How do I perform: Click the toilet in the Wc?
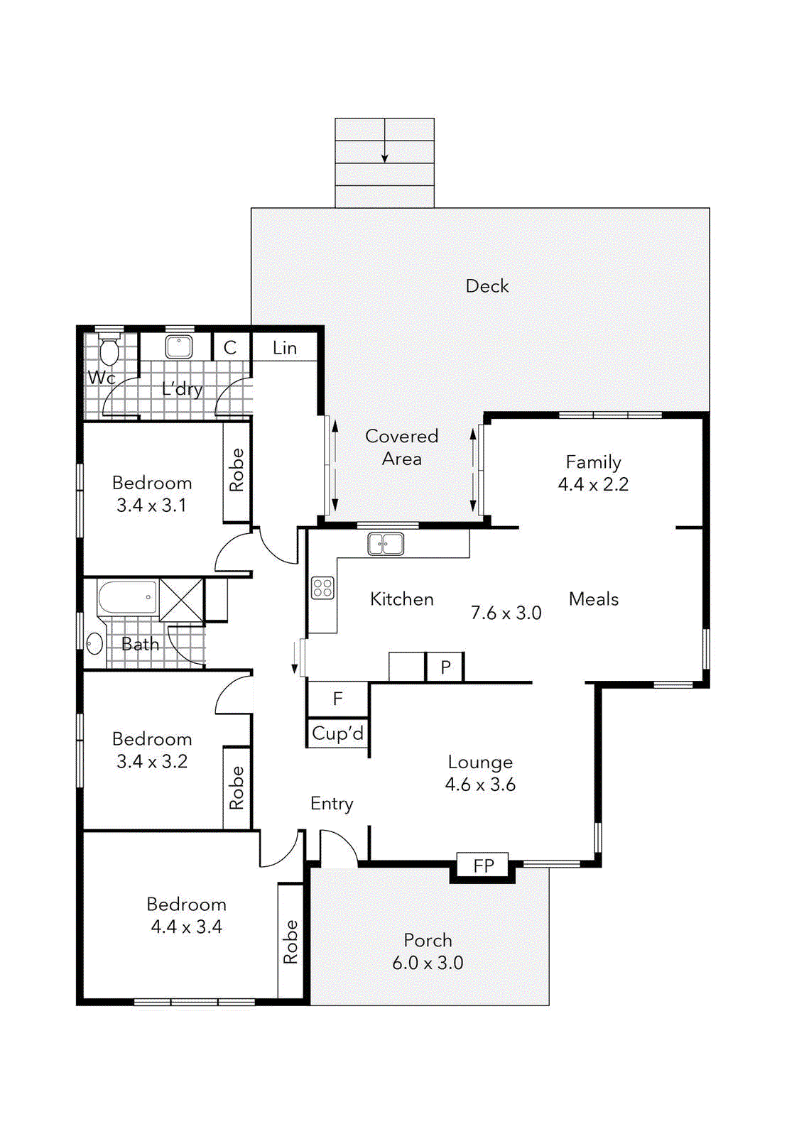pyautogui.click(x=109, y=348)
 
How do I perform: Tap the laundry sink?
pyautogui.click(x=178, y=347)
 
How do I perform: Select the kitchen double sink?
pyautogui.click(x=386, y=544)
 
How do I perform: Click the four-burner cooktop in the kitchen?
pyautogui.click(x=322, y=589)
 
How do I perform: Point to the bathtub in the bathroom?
pyautogui.click(x=127, y=598)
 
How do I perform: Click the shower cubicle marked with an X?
pyautogui.click(x=181, y=600)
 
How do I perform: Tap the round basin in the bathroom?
pyautogui.click(x=95, y=644)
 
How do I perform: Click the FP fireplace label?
pyautogui.click(x=484, y=865)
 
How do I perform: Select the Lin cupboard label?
pyautogui.click(x=285, y=348)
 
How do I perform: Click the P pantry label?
pyautogui.click(x=445, y=667)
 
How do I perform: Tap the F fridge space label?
pyautogui.click(x=337, y=699)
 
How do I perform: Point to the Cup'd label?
pyautogui.click(x=338, y=733)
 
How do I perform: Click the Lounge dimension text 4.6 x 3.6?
pyautogui.click(x=480, y=785)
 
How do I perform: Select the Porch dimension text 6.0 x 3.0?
pyautogui.click(x=428, y=963)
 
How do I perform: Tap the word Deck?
pyautogui.click(x=487, y=286)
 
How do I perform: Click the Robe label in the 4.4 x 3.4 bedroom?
pyautogui.click(x=290, y=941)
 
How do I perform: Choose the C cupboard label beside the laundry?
pyautogui.click(x=230, y=348)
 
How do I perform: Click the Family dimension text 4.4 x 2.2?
pyautogui.click(x=593, y=484)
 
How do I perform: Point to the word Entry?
pyautogui.click(x=332, y=804)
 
